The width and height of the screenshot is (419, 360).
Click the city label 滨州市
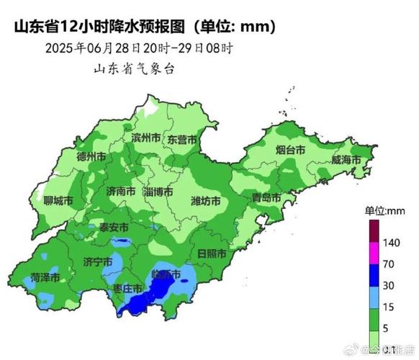146,138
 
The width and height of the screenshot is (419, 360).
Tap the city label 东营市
182,138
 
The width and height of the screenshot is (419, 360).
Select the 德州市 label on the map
91,156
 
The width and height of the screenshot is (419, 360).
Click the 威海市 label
346,159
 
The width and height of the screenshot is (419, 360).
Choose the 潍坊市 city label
207,200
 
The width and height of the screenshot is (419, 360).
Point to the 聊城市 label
58,201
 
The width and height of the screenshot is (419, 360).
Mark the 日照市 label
211,255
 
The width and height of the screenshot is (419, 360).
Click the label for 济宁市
97,261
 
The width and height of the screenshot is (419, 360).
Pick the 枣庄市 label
128,288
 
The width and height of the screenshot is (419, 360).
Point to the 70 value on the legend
388,264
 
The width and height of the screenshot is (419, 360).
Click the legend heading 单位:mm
386,210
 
